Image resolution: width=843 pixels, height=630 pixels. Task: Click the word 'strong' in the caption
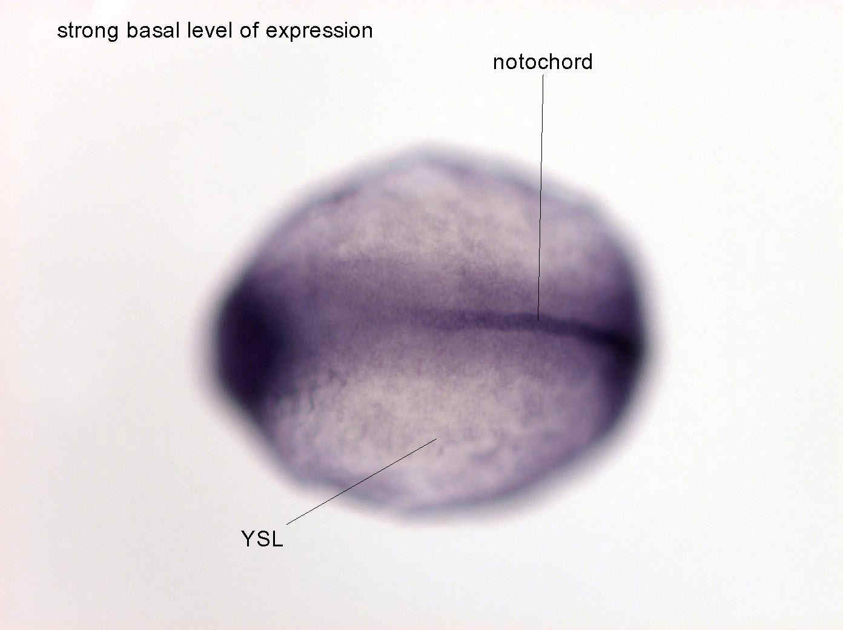pyautogui.click(x=88, y=31)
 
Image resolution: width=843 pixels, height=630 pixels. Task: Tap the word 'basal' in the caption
pyautogui.click(x=153, y=30)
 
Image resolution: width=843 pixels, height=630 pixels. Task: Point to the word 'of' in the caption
pyautogui.click(x=249, y=30)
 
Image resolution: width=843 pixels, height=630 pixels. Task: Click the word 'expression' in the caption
pyautogui.click(x=319, y=31)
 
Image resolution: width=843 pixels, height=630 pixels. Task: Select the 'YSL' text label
pyautogui.click(x=262, y=539)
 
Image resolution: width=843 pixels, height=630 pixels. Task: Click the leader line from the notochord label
pyautogui.click(x=540, y=197)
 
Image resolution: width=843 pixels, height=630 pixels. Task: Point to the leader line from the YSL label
pyautogui.click(x=362, y=481)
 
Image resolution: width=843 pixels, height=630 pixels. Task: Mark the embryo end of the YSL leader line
pyautogui.click(x=436, y=439)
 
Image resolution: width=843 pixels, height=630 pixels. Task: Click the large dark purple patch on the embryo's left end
pyautogui.click(x=250, y=346)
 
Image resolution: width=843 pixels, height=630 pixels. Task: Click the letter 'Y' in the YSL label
pyautogui.click(x=250, y=539)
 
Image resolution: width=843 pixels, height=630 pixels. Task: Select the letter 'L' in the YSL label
pyautogui.click(x=277, y=539)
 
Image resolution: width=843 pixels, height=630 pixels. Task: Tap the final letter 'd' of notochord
pyautogui.click(x=587, y=62)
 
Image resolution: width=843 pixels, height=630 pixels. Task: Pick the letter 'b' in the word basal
pyautogui.click(x=132, y=30)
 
